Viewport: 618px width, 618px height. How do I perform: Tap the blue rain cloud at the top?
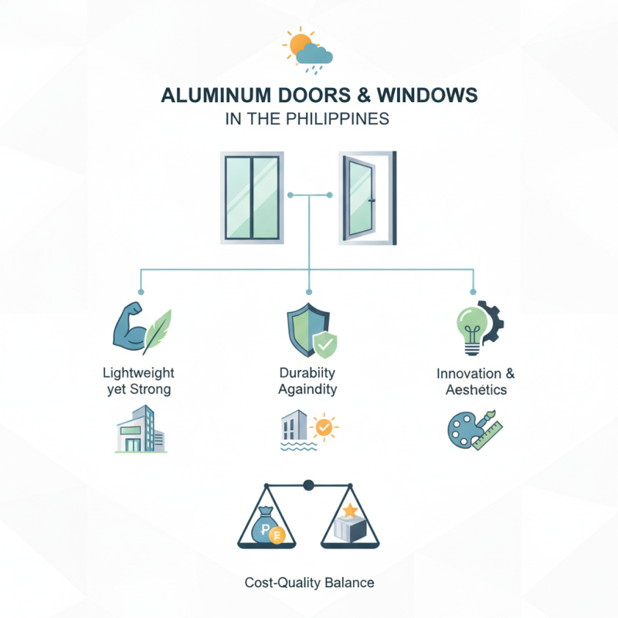[315, 55]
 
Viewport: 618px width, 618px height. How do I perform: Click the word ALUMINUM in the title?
[209, 96]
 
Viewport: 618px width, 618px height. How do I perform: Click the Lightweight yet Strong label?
[138, 382]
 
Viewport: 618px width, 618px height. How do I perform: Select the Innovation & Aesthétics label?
[475, 382]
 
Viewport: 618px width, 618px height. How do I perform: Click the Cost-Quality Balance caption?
[309, 582]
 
